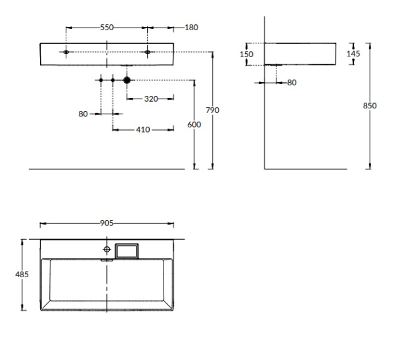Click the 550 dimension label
pos(107,28)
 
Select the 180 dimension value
pos(191,28)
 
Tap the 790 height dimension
pos(212,110)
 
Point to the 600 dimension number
pos(194,125)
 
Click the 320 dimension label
pos(150,99)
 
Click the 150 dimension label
pos(246,55)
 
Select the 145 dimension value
pos(353,54)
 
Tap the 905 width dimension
pos(107,223)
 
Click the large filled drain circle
pos(127,80)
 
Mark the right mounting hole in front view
pos(148,51)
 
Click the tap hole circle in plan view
pos(106,250)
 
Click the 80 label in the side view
pos(292,83)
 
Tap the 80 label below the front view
pos(83,114)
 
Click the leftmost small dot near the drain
pos(100,80)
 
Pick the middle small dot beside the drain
pos(113,80)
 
